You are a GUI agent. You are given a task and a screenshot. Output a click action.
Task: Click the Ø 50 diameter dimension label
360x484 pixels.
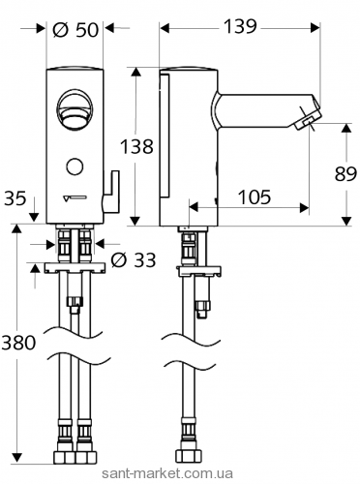pyautogui.click(x=75, y=30)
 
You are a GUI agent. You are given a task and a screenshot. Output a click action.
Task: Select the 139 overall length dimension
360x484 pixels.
pyautogui.click(x=240, y=26)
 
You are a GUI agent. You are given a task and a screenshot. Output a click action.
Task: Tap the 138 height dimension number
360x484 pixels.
pyautogui.click(x=136, y=146)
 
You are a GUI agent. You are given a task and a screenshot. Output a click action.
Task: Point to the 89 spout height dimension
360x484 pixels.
pyautogui.click(x=345, y=174)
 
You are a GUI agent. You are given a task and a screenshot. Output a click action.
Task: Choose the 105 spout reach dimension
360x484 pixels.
pyautogui.click(x=255, y=197)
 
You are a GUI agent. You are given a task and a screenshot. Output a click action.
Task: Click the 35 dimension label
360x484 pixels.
pyautogui.click(x=15, y=198)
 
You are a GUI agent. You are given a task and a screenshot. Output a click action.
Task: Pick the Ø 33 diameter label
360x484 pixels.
pyautogui.click(x=134, y=259)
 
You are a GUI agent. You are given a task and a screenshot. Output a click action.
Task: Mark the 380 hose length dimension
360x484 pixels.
pyautogui.click(x=18, y=343)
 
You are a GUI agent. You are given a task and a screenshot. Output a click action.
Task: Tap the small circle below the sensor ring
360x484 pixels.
pyautogui.click(x=75, y=166)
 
